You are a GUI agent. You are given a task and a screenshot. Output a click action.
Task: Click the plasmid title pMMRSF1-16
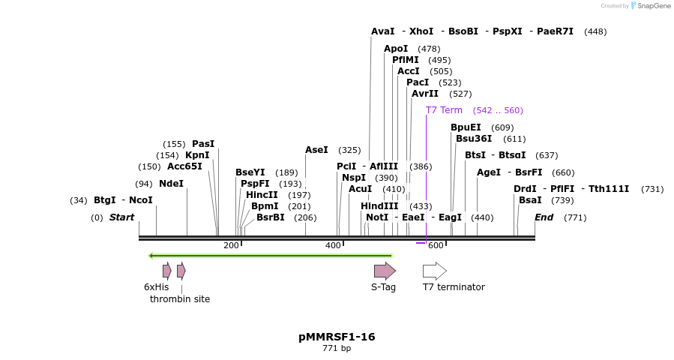tap(337, 337)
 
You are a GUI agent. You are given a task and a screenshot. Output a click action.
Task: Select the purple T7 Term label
tap(444, 110)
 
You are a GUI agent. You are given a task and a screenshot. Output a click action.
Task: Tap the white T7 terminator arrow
tap(434, 271)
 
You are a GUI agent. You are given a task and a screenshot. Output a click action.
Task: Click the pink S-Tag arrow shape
tap(385, 271)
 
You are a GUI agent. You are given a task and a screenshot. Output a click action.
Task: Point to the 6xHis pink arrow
tap(166, 271)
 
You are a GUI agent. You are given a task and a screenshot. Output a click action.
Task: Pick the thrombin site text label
tap(180, 298)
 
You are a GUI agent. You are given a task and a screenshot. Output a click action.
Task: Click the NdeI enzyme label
tap(171, 184)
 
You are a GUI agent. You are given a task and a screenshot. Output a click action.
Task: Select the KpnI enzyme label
tap(197, 155)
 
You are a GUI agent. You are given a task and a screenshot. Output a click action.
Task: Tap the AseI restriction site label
tap(316, 150)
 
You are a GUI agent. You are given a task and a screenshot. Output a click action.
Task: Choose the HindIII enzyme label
tap(379, 205)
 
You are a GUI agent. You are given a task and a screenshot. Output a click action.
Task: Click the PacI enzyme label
tap(418, 82)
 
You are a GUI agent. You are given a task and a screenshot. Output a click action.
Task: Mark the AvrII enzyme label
tap(425, 94)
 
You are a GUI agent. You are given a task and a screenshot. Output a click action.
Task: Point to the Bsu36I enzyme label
tap(474, 138)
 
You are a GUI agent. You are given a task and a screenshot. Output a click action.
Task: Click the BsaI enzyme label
tap(530, 200)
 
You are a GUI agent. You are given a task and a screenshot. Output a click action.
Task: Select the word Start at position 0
tap(121, 217)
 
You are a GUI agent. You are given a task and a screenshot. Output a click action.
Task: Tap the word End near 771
tap(544, 217)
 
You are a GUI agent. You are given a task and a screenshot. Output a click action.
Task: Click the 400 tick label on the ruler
tap(333, 245)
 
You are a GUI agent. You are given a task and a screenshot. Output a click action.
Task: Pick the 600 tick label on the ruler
tap(436, 245)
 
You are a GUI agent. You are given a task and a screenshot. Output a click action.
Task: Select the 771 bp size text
tap(337, 348)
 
